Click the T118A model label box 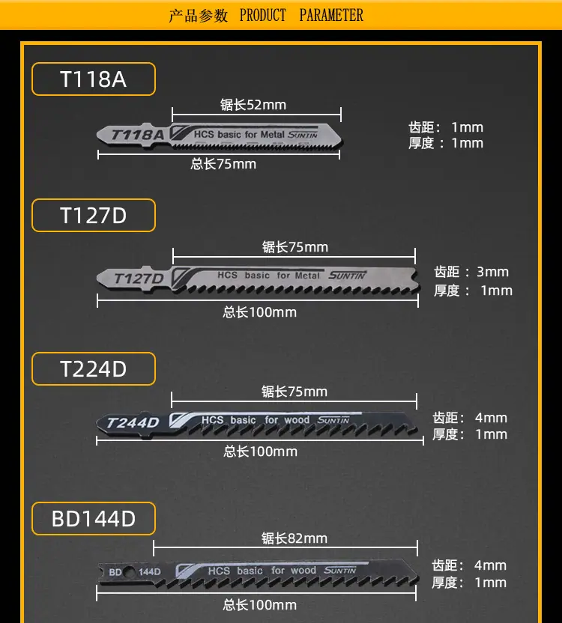[x=94, y=79]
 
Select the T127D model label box [x=94, y=216]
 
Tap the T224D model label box [x=94, y=368]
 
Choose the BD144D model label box [x=94, y=518]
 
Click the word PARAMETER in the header [x=331, y=15]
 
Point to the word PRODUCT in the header [x=262, y=15]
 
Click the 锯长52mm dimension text [x=253, y=105]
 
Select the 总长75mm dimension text [x=223, y=164]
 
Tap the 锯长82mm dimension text [x=294, y=538]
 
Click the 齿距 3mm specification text [x=471, y=272]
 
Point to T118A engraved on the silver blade [x=138, y=135]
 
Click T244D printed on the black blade [x=133, y=423]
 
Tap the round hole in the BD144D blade [x=130, y=573]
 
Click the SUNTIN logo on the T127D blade [x=347, y=276]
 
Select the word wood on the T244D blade [x=297, y=420]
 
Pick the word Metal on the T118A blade [x=273, y=134]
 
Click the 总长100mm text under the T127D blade [x=260, y=312]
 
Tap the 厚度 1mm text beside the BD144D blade [x=469, y=583]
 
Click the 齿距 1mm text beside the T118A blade [x=446, y=127]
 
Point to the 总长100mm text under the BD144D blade [x=260, y=605]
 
